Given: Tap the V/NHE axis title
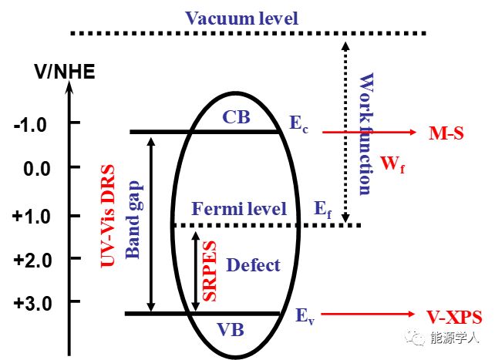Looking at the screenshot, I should (x=66, y=74).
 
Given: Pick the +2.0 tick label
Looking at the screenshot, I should (x=30, y=260).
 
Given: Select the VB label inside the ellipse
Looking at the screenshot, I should (x=231, y=330).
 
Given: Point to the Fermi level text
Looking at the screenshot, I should (x=239, y=209).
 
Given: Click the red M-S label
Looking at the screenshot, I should (x=446, y=133).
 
